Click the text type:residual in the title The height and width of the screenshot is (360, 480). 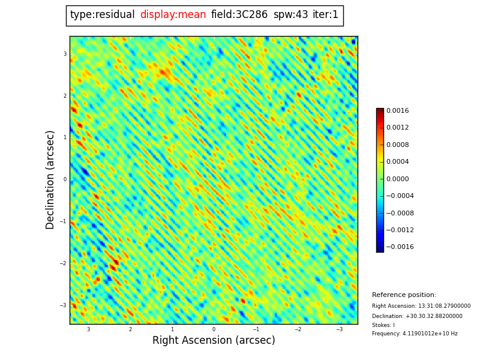102,15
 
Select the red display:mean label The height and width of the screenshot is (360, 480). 173,15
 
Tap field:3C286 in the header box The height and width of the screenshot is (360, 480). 239,15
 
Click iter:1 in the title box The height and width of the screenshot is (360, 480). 325,15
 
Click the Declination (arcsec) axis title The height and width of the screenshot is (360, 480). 50,179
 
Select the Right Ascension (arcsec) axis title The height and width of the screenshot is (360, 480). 214,341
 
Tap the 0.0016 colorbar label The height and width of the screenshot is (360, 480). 397,111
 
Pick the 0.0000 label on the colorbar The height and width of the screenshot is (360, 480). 397,179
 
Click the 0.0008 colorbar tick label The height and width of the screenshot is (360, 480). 397,145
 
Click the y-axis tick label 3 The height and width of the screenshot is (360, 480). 65,54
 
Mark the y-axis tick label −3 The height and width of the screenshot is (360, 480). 63,305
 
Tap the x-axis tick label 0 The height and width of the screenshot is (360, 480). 214,329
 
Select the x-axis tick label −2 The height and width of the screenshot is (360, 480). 298,329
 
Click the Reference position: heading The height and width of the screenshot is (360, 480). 404,295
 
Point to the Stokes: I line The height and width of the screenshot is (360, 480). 383,325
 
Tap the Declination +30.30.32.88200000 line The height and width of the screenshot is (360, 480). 417,316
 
